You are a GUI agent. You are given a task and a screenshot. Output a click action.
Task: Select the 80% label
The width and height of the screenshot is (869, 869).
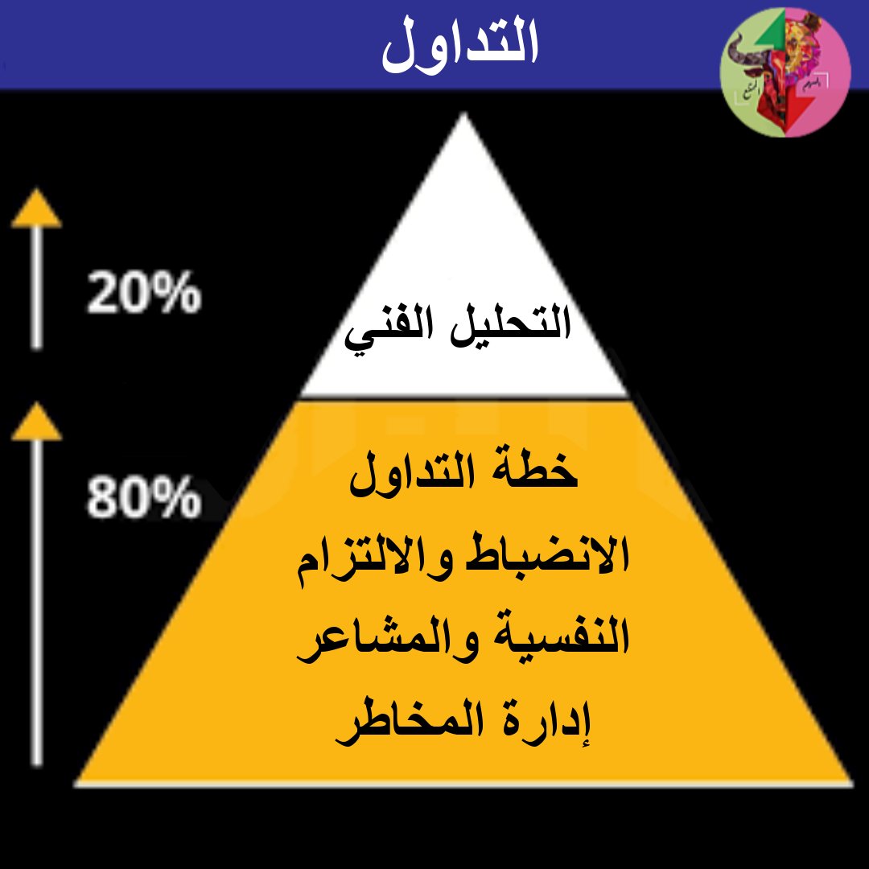click(x=143, y=499)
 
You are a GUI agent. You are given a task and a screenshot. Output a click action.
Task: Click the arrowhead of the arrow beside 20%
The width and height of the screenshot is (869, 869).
click(x=36, y=211)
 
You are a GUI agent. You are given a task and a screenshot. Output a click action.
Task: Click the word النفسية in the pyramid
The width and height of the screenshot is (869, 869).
click(x=553, y=640)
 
